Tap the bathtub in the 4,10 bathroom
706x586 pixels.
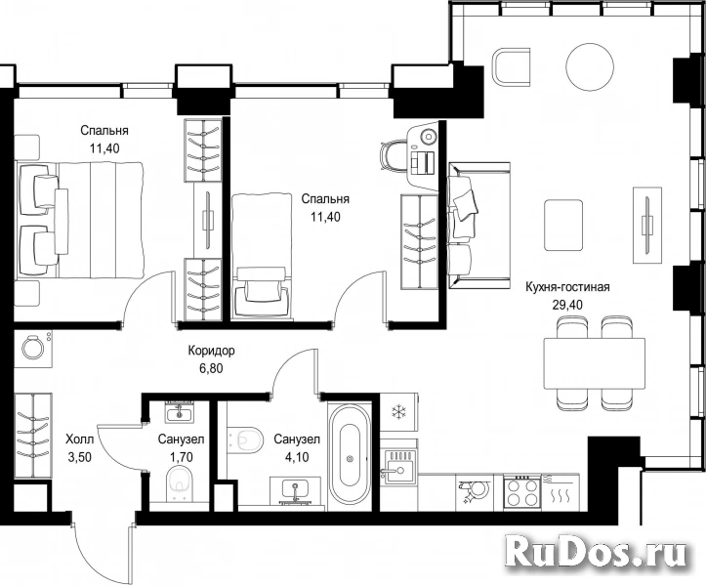(350, 457)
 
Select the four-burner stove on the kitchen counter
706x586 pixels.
(521, 491)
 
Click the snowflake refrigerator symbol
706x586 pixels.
(398, 412)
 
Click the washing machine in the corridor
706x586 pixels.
(33, 348)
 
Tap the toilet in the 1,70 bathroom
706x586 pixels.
(180, 484)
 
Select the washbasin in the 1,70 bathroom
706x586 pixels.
(179, 412)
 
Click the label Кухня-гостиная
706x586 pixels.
(567, 287)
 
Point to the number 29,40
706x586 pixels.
(567, 305)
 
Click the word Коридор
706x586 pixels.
(211, 351)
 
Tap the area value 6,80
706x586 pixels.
(211, 369)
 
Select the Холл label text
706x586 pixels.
(80, 439)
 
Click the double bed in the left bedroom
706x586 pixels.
(80, 220)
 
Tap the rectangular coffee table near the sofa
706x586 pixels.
(563, 225)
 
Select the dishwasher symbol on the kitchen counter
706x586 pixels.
(475, 491)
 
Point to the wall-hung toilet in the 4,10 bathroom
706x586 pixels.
(245, 439)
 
